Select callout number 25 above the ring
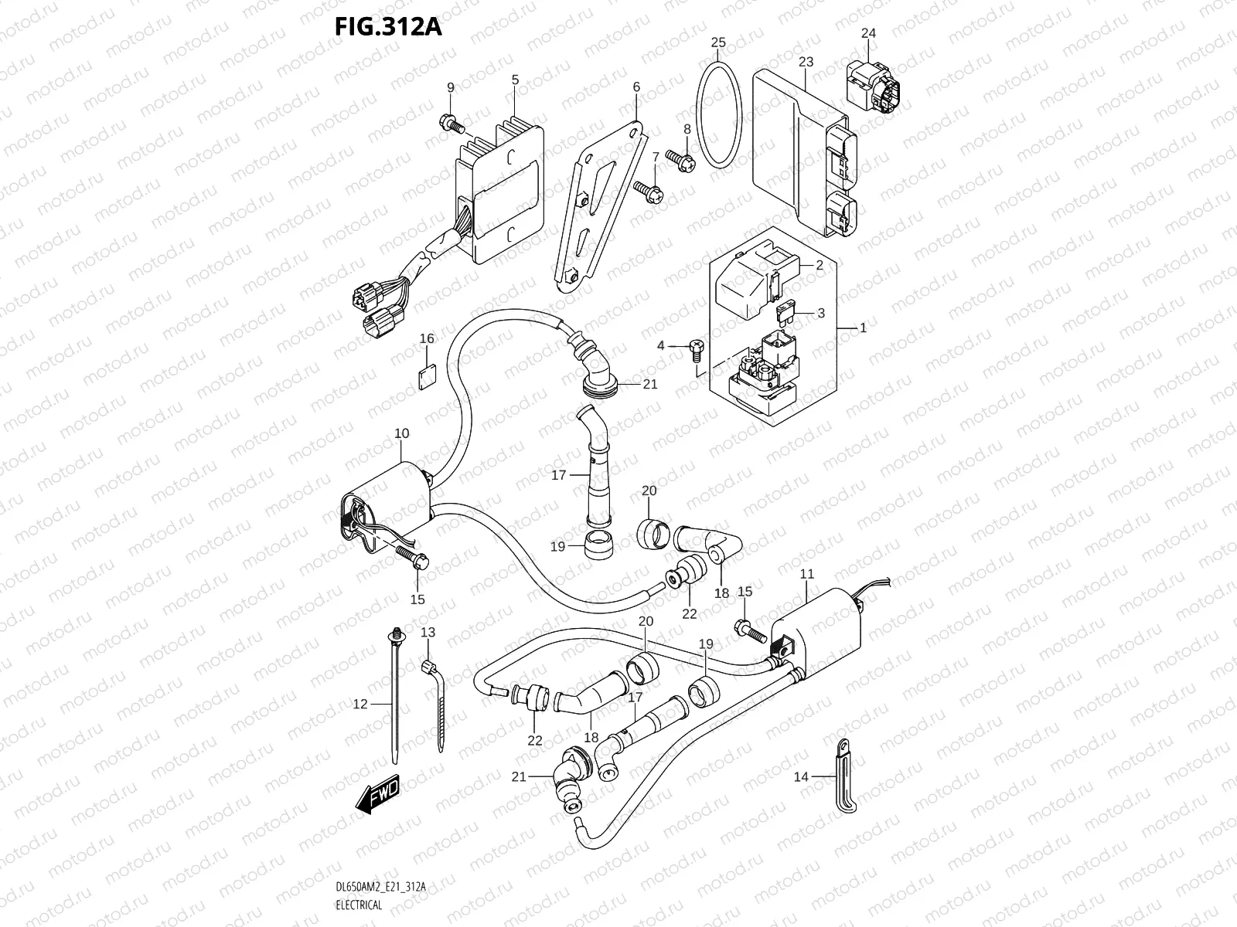[718, 42]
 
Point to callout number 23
[806, 61]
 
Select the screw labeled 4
[694, 350]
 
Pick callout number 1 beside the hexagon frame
[863, 328]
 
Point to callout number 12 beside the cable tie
[360, 704]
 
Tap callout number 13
[428, 632]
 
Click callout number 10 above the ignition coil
[401, 433]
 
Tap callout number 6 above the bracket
[636, 87]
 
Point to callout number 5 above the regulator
[515, 80]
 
